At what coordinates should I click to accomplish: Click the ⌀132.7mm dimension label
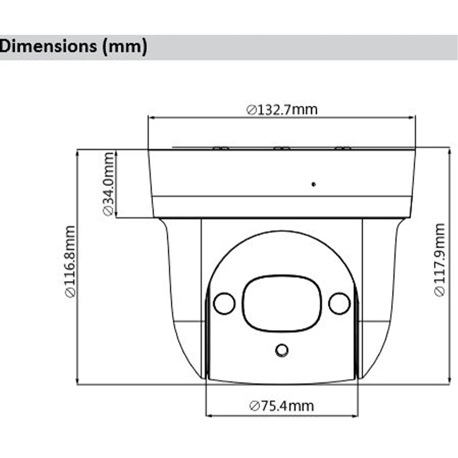tap(282, 109)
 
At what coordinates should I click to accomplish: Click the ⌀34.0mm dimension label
tap(108, 183)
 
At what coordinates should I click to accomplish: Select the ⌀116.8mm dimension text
tap(70, 261)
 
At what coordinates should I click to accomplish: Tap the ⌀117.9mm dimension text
tap(440, 260)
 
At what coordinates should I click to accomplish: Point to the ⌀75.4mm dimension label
tap(282, 405)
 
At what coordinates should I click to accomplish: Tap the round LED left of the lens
tap(224, 303)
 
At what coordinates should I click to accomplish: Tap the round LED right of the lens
tap(339, 303)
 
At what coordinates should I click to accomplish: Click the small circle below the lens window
tap(282, 350)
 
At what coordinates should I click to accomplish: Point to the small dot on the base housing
tap(314, 184)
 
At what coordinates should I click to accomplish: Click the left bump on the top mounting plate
tap(221, 148)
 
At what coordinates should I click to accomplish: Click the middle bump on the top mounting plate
tap(281, 148)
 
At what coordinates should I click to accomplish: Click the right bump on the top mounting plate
tap(343, 148)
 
